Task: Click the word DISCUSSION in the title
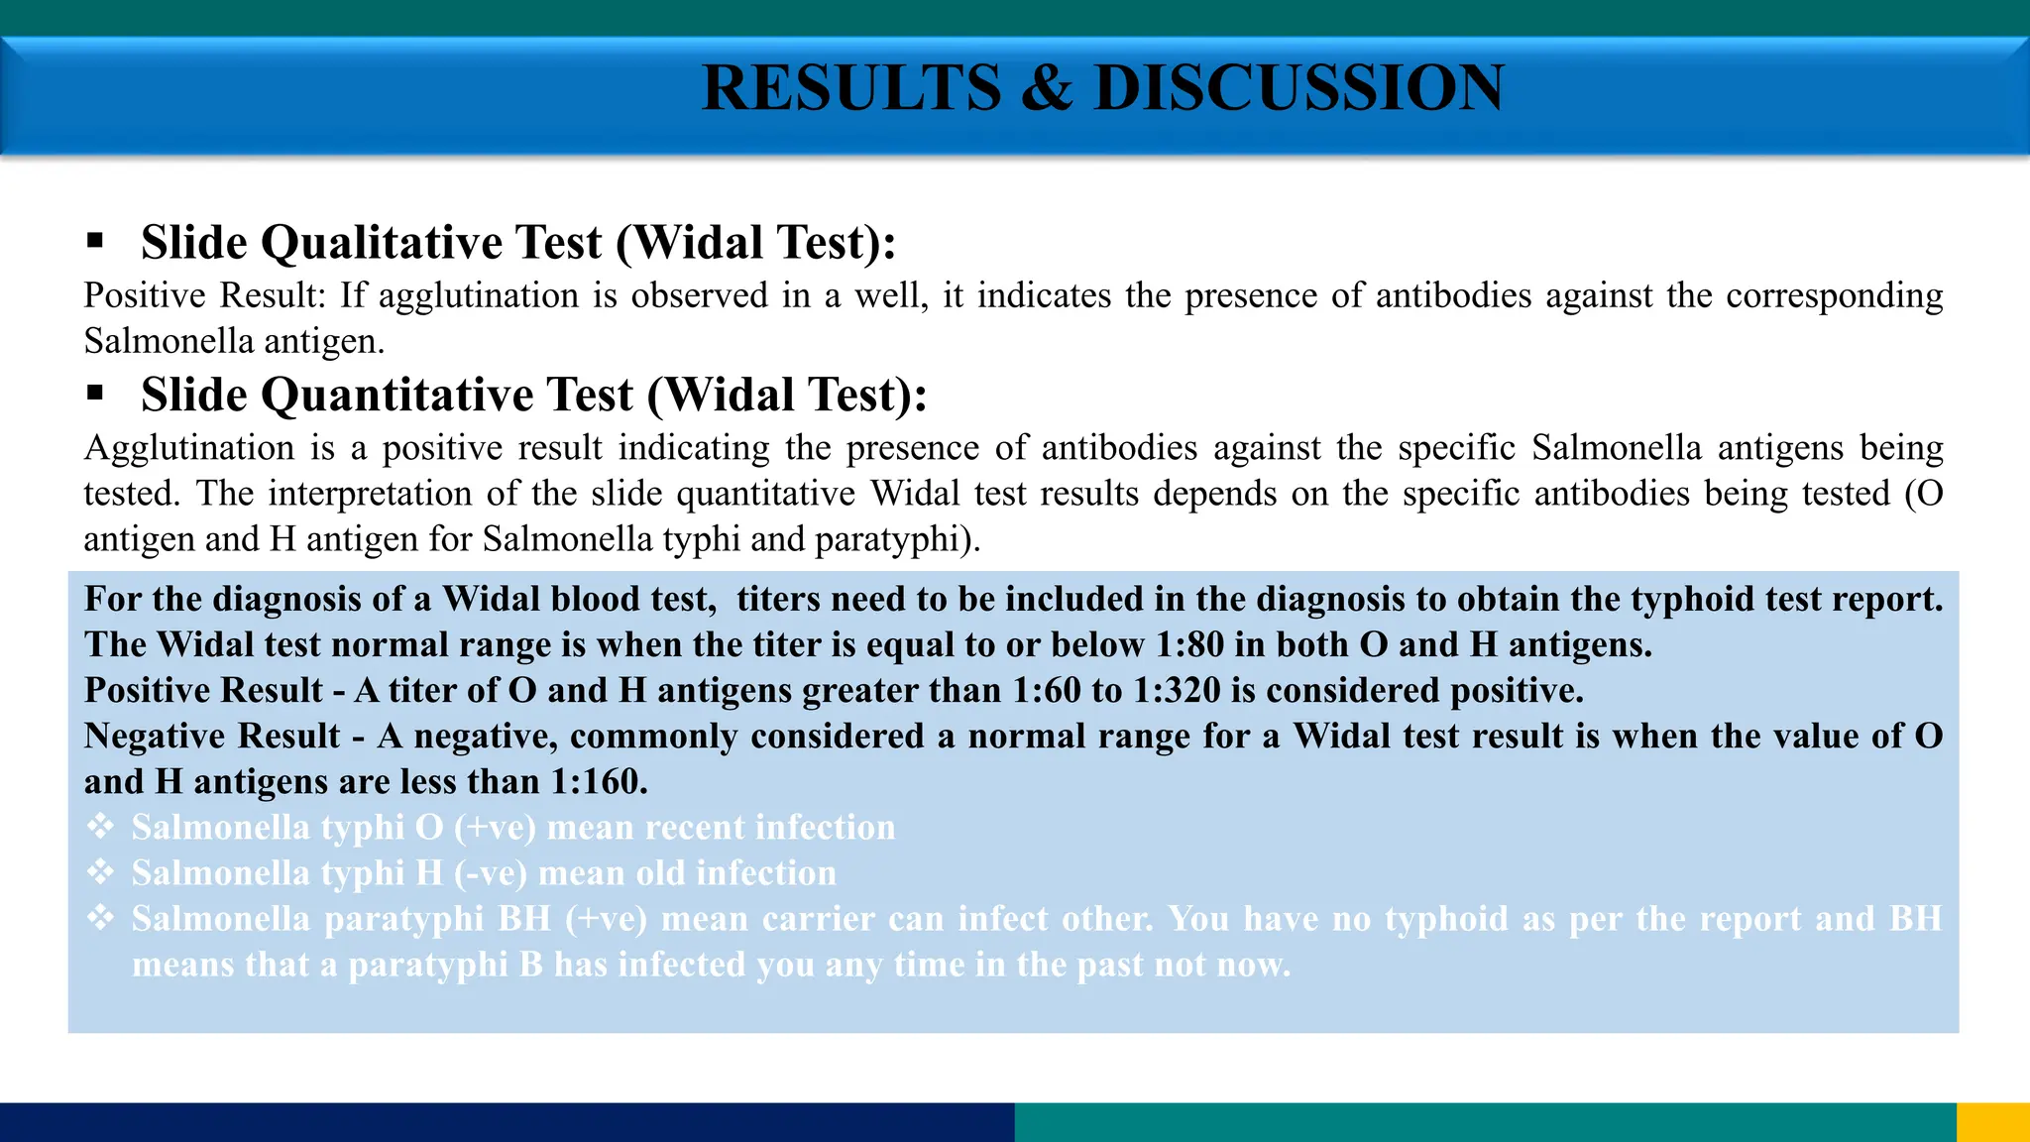click(1298, 87)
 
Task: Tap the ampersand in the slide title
click(1047, 87)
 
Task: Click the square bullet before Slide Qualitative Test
click(95, 240)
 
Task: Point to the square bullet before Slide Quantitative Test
click(95, 393)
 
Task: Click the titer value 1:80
click(1189, 645)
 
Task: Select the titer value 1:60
click(1046, 691)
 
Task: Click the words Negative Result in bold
click(212, 737)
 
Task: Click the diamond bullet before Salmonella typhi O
click(100, 826)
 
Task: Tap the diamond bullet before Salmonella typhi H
click(100, 871)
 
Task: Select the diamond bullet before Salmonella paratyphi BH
click(100, 917)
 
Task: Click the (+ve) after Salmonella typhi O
click(495, 828)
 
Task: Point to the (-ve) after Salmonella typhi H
click(490, 873)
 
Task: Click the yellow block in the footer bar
click(1992, 1122)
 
